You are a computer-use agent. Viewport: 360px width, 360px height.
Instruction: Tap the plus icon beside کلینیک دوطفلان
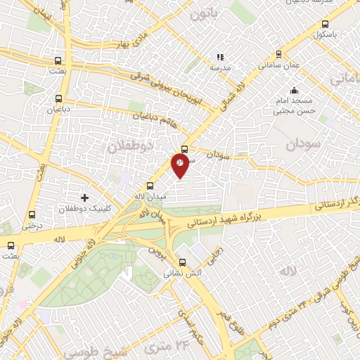(85, 198)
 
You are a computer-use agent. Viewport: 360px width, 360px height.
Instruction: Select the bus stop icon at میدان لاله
(150, 186)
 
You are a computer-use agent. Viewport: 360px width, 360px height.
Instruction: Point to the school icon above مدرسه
(220, 57)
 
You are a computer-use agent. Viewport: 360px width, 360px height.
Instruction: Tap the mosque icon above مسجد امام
(294, 90)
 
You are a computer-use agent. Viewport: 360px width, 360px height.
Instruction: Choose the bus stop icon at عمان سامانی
(278, 53)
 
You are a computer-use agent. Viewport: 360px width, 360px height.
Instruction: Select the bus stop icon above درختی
(31, 215)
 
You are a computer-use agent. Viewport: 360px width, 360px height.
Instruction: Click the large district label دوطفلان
(129, 146)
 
